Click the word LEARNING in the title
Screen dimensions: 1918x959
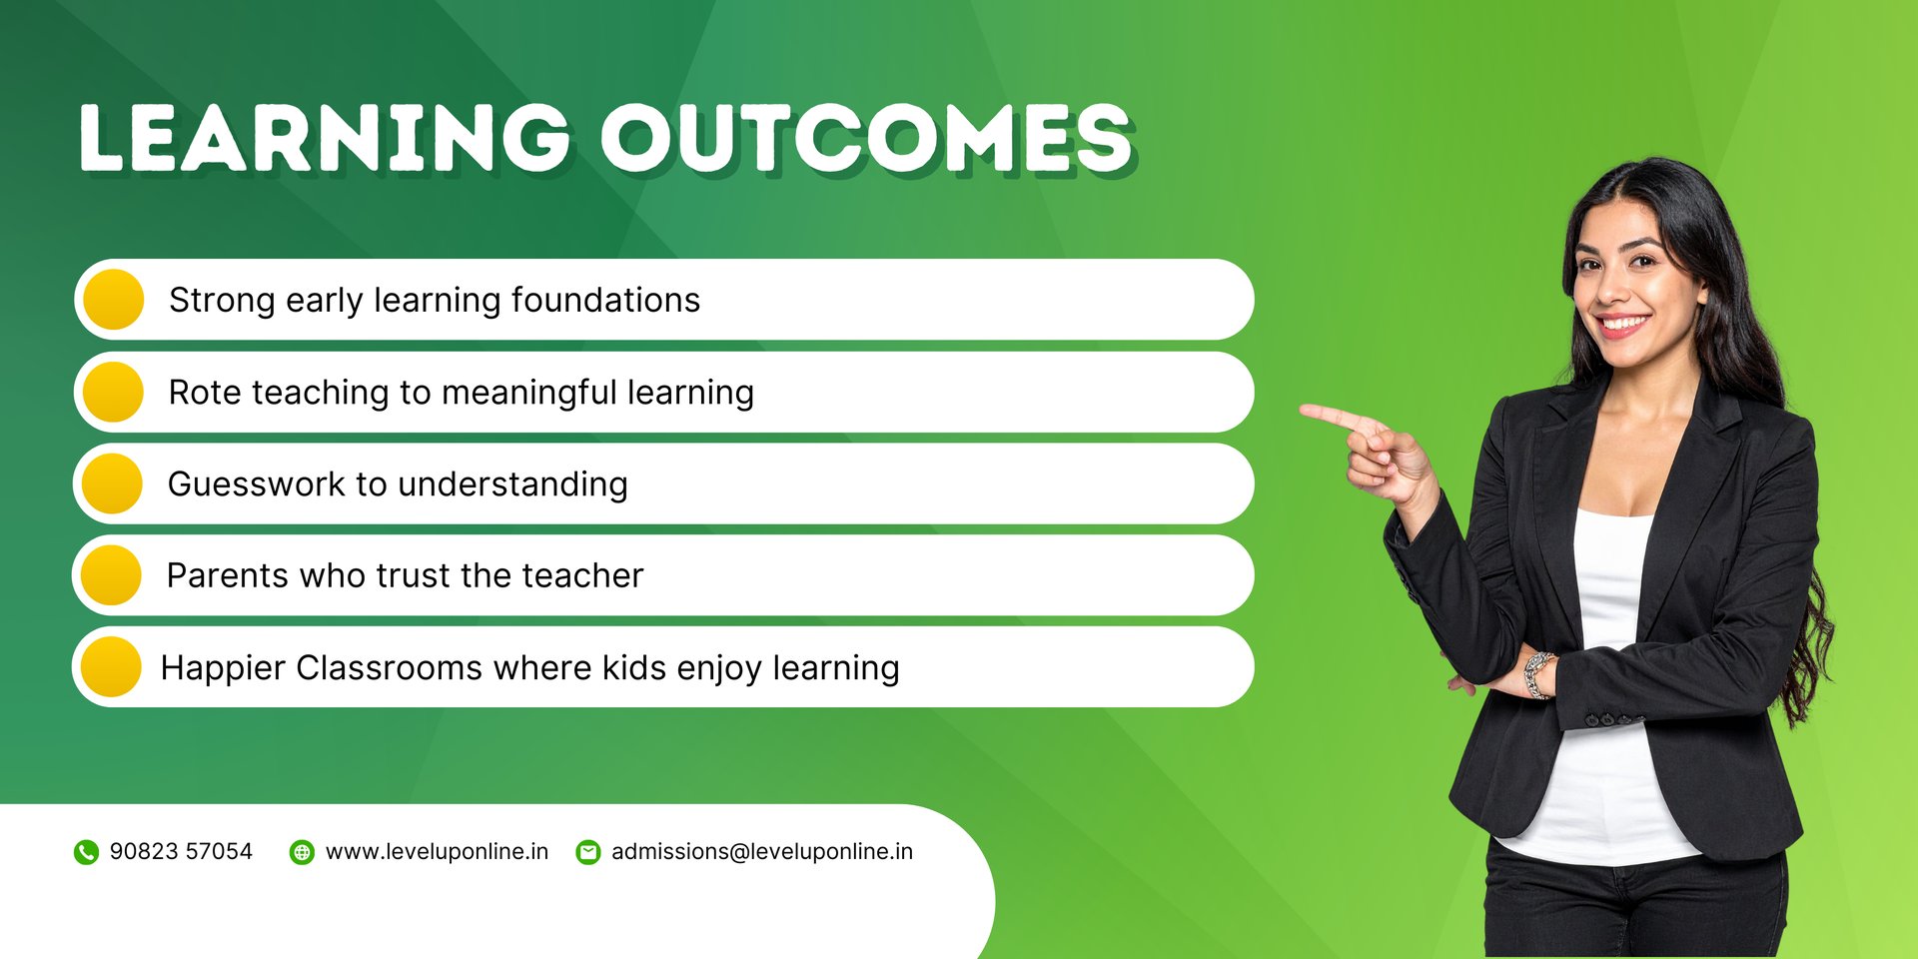coord(325,137)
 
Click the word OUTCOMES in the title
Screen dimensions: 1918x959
coord(866,137)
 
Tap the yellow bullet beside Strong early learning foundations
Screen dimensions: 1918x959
coord(114,300)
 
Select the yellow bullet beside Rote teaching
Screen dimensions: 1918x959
coord(114,392)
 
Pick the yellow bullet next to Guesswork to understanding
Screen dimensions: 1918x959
coord(112,483)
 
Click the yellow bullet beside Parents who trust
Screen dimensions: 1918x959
coord(111,575)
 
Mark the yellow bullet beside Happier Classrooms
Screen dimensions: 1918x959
coord(111,667)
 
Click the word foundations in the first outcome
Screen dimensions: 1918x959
coord(605,300)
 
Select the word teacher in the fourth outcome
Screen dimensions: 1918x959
coord(582,576)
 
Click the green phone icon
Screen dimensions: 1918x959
coord(86,852)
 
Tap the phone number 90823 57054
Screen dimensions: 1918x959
coord(181,851)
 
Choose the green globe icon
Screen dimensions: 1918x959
coord(302,852)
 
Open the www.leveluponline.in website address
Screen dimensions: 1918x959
coord(438,852)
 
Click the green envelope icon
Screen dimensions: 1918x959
coord(588,852)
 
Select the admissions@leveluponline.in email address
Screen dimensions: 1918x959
coord(762,852)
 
